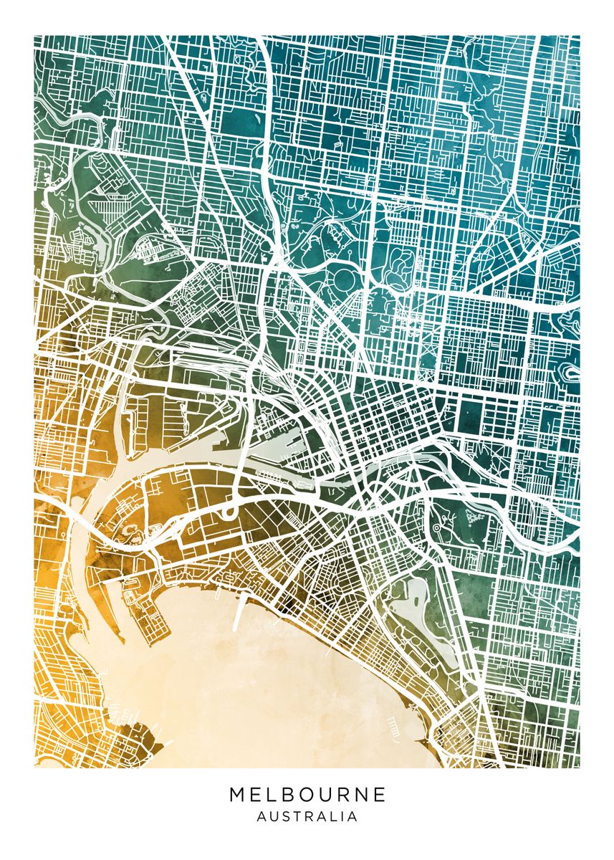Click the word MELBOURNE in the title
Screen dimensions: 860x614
[x=307, y=795]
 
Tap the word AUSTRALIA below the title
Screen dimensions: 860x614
[x=307, y=816]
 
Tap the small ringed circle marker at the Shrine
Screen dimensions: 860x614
[x=436, y=528]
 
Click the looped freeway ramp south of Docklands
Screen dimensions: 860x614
[x=230, y=513]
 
